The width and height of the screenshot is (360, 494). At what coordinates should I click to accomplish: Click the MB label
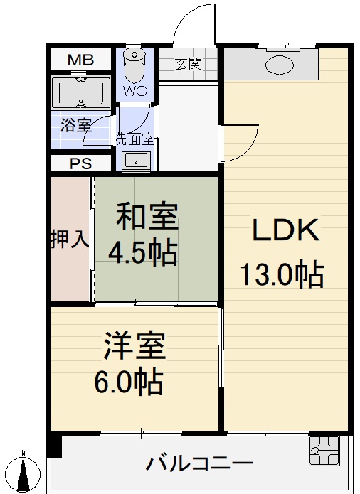[80, 60]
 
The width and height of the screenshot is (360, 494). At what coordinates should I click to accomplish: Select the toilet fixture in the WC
[133, 65]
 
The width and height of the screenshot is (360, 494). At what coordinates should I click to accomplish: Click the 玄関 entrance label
[189, 63]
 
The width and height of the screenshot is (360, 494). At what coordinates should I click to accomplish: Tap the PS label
[80, 163]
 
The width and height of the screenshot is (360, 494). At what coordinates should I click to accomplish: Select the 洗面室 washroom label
[135, 140]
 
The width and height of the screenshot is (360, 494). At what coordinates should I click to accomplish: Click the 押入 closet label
[70, 240]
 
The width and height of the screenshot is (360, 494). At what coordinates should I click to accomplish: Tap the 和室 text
[148, 215]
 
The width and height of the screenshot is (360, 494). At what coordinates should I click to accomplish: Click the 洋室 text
[135, 346]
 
